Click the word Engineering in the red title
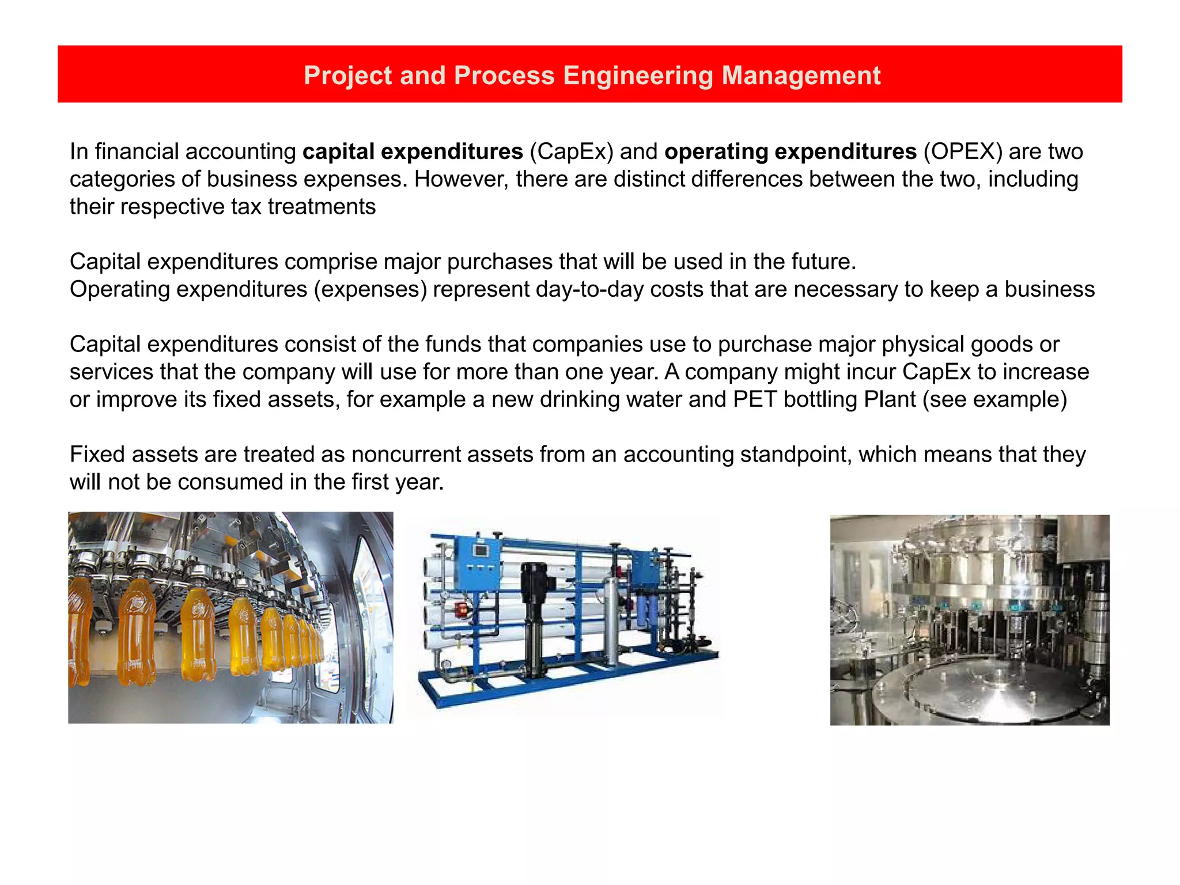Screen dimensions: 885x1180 click(638, 75)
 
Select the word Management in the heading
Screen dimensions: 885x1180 click(801, 75)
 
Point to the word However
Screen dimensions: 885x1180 click(462, 179)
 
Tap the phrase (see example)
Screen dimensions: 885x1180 click(995, 399)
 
